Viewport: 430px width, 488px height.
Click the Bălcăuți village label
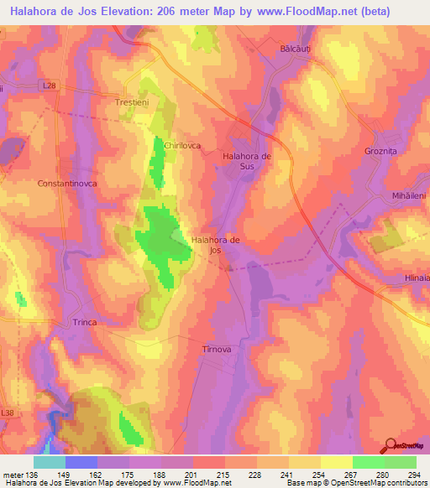click(296, 50)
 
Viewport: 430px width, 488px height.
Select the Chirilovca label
click(183, 145)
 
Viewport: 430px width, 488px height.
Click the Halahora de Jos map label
click(216, 244)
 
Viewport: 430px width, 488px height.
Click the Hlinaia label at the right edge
click(414, 278)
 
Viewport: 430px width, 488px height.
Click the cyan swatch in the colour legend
click(50, 461)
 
